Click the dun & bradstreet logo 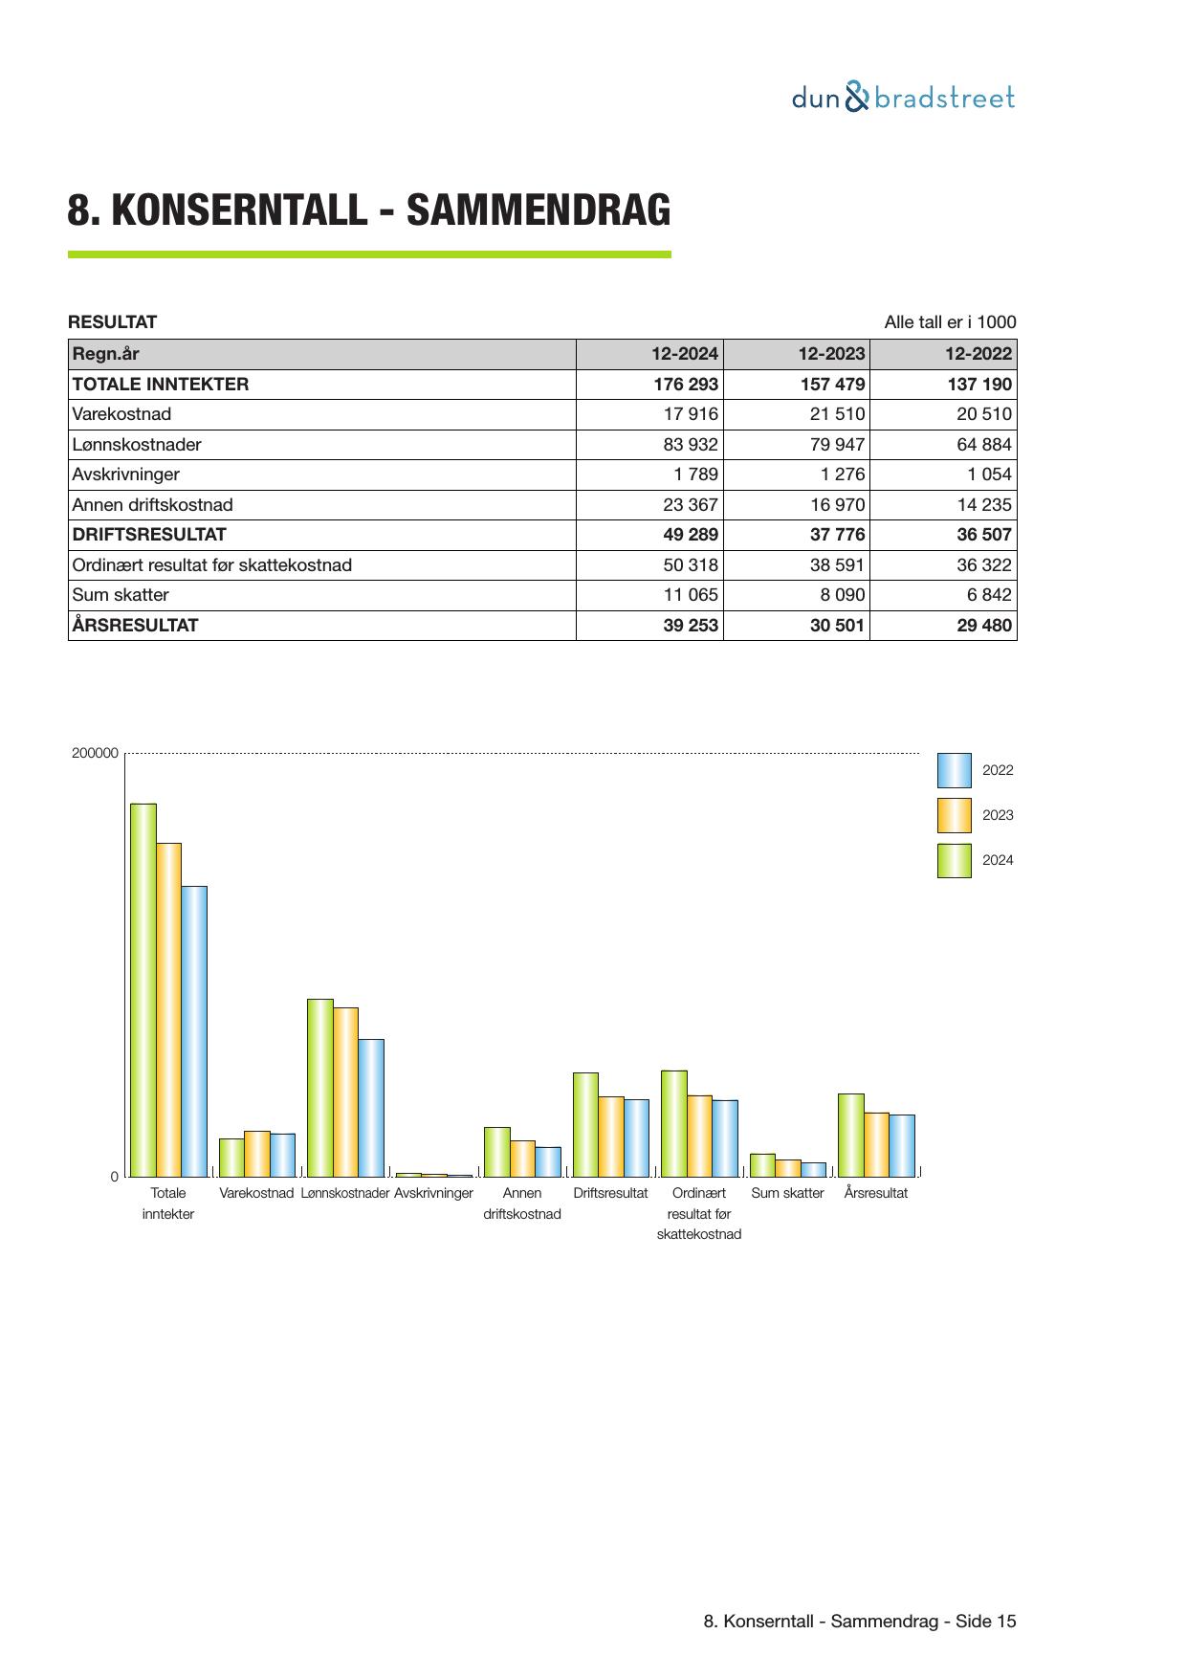pyautogui.click(x=903, y=98)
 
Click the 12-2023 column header pyautogui.click(x=831, y=354)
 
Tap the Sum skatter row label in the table pyautogui.click(x=121, y=595)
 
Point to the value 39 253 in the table pyautogui.click(x=690, y=626)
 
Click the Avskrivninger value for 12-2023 pyautogui.click(x=842, y=475)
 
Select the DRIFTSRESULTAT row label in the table pyautogui.click(x=149, y=535)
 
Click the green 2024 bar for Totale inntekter pyautogui.click(x=143, y=990)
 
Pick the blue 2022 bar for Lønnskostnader pyautogui.click(x=371, y=1108)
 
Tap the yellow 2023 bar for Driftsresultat pyautogui.click(x=611, y=1137)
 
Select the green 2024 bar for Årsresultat pyautogui.click(x=850, y=1135)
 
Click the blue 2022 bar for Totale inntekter pyautogui.click(x=194, y=1031)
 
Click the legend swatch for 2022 pyautogui.click(x=954, y=771)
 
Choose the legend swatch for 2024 pyautogui.click(x=954, y=861)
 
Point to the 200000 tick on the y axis pyautogui.click(x=95, y=754)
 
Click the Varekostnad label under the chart pyautogui.click(x=256, y=1194)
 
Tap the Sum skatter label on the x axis pyautogui.click(x=787, y=1194)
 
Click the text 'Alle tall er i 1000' pyautogui.click(x=950, y=322)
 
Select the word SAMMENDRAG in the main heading pyautogui.click(x=539, y=210)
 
